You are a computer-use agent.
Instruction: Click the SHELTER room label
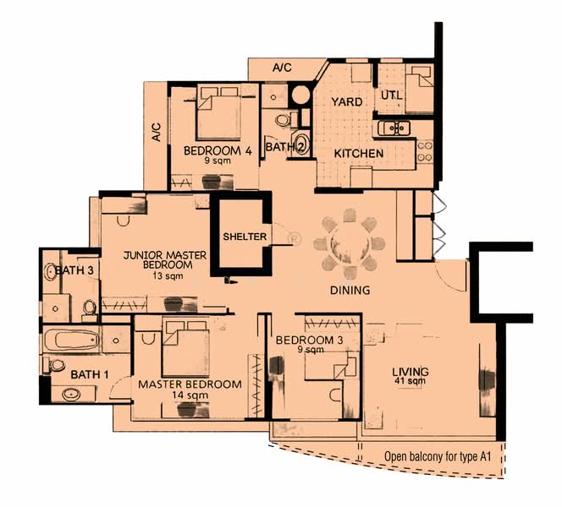[x=245, y=237]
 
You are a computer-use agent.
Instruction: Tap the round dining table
[x=350, y=244]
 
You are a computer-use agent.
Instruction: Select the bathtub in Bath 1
[x=71, y=339]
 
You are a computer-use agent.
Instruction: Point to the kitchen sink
[x=394, y=128]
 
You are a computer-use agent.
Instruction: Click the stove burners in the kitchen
[x=425, y=151]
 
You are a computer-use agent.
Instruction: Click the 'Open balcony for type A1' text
[x=438, y=456]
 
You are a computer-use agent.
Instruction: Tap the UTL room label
[x=391, y=95]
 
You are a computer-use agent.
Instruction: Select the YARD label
[x=346, y=102]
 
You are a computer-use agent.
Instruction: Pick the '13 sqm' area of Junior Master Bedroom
[x=168, y=275]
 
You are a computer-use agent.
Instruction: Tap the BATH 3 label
[x=74, y=270]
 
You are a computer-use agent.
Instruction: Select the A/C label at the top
[x=282, y=68]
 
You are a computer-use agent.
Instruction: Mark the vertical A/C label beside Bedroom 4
[x=157, y=132]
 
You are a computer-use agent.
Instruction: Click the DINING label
[x=350, y=290]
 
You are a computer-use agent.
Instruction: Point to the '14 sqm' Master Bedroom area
[x=190, y=395]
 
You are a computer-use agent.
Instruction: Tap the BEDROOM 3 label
[x=309, y=340]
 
